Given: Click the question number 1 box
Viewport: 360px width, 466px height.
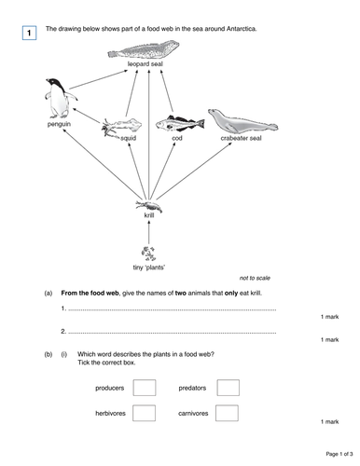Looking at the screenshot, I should coord(29,34).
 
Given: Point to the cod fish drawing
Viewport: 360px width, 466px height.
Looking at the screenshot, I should coord(177,123).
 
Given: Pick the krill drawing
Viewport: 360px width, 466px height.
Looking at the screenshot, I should coord(148,204).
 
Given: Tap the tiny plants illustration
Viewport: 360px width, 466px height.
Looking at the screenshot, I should coord(148,253).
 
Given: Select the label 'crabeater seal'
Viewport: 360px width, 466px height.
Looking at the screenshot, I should coord(240,138).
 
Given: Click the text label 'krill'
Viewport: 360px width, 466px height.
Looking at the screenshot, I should coord(149,215).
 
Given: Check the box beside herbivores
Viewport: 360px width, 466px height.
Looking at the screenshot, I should coord(144,414).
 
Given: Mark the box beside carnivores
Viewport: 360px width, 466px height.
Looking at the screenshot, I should coord(228,414).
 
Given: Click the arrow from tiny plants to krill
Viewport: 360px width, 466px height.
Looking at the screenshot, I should coord(148,231).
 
